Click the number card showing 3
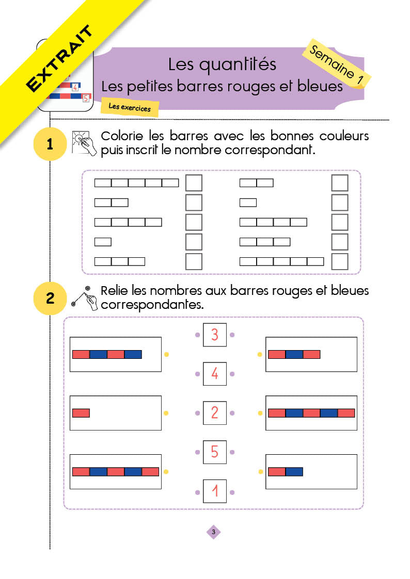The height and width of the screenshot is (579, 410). coord(214,335)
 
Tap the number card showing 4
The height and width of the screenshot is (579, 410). coord(214,374)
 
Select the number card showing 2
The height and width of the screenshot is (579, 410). coord(214,413)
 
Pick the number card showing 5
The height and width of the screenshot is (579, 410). coord(214,452)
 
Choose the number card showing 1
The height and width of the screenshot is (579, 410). coord(214,491)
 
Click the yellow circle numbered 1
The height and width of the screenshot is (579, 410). coord(50,144)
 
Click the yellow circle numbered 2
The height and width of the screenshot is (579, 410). coord(50,299)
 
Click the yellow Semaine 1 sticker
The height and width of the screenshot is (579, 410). coord(337,64)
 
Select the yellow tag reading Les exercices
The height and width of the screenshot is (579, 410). coord(130,107)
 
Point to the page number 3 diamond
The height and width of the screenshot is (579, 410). coord(213,532)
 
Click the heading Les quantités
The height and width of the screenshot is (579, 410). coord(222,64)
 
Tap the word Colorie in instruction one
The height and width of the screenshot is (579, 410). coord(122,136)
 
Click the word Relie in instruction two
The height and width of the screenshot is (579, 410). coord(115,291)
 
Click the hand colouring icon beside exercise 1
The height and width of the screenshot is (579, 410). coord(84,143)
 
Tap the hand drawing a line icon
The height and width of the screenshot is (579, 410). coord(84,298)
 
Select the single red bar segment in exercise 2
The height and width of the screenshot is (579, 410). coord(81,413)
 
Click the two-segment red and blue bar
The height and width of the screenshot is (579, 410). coord(286,472)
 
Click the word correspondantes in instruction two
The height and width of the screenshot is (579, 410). coord(152,305)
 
